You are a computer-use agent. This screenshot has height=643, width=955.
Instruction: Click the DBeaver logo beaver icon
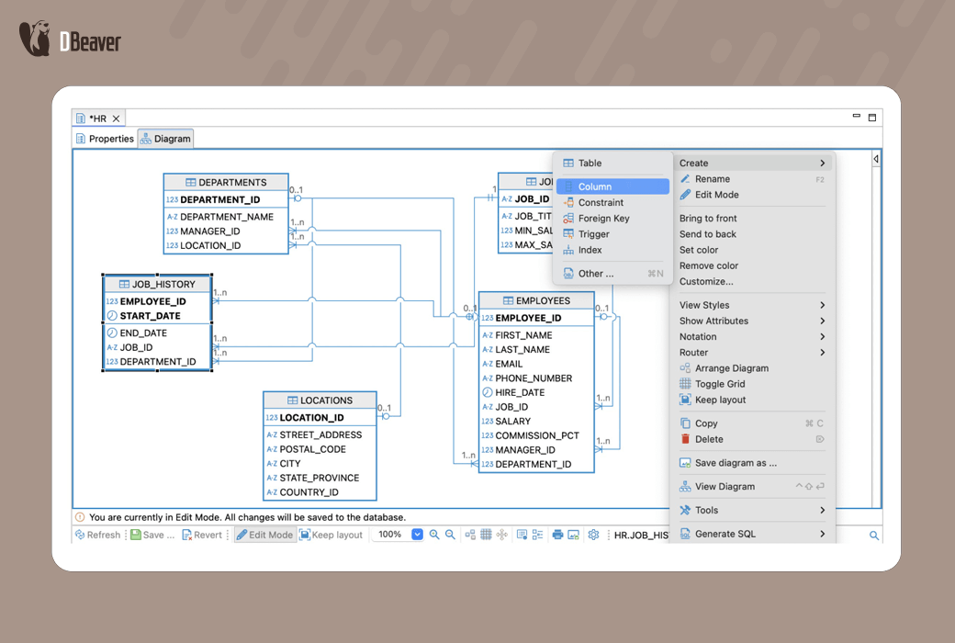coord(35,39)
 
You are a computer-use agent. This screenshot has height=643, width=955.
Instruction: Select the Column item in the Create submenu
coord(594,186)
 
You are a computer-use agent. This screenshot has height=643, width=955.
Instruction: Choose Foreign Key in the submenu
coord(603,219)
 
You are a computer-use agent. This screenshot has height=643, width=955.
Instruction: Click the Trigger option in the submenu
coord(593,234)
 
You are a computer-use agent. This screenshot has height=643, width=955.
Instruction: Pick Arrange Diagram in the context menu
coord(731,368)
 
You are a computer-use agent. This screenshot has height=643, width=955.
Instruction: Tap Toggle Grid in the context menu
coord(719,384)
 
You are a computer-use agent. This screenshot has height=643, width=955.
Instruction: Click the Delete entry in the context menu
coord(709,439)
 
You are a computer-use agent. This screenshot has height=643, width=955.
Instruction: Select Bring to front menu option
coord(708,219)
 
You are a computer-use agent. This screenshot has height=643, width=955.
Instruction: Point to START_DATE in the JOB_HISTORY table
coord(150,316)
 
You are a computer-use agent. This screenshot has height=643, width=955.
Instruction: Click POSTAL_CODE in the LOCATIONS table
coord(312,449)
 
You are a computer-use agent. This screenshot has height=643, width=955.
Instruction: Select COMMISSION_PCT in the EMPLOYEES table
coord(537,435)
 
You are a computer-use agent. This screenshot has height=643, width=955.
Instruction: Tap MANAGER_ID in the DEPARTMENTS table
coord(209,231)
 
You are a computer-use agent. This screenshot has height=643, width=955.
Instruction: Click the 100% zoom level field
coord(391,535)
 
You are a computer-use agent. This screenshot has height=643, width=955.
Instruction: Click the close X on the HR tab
coord(117,118)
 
